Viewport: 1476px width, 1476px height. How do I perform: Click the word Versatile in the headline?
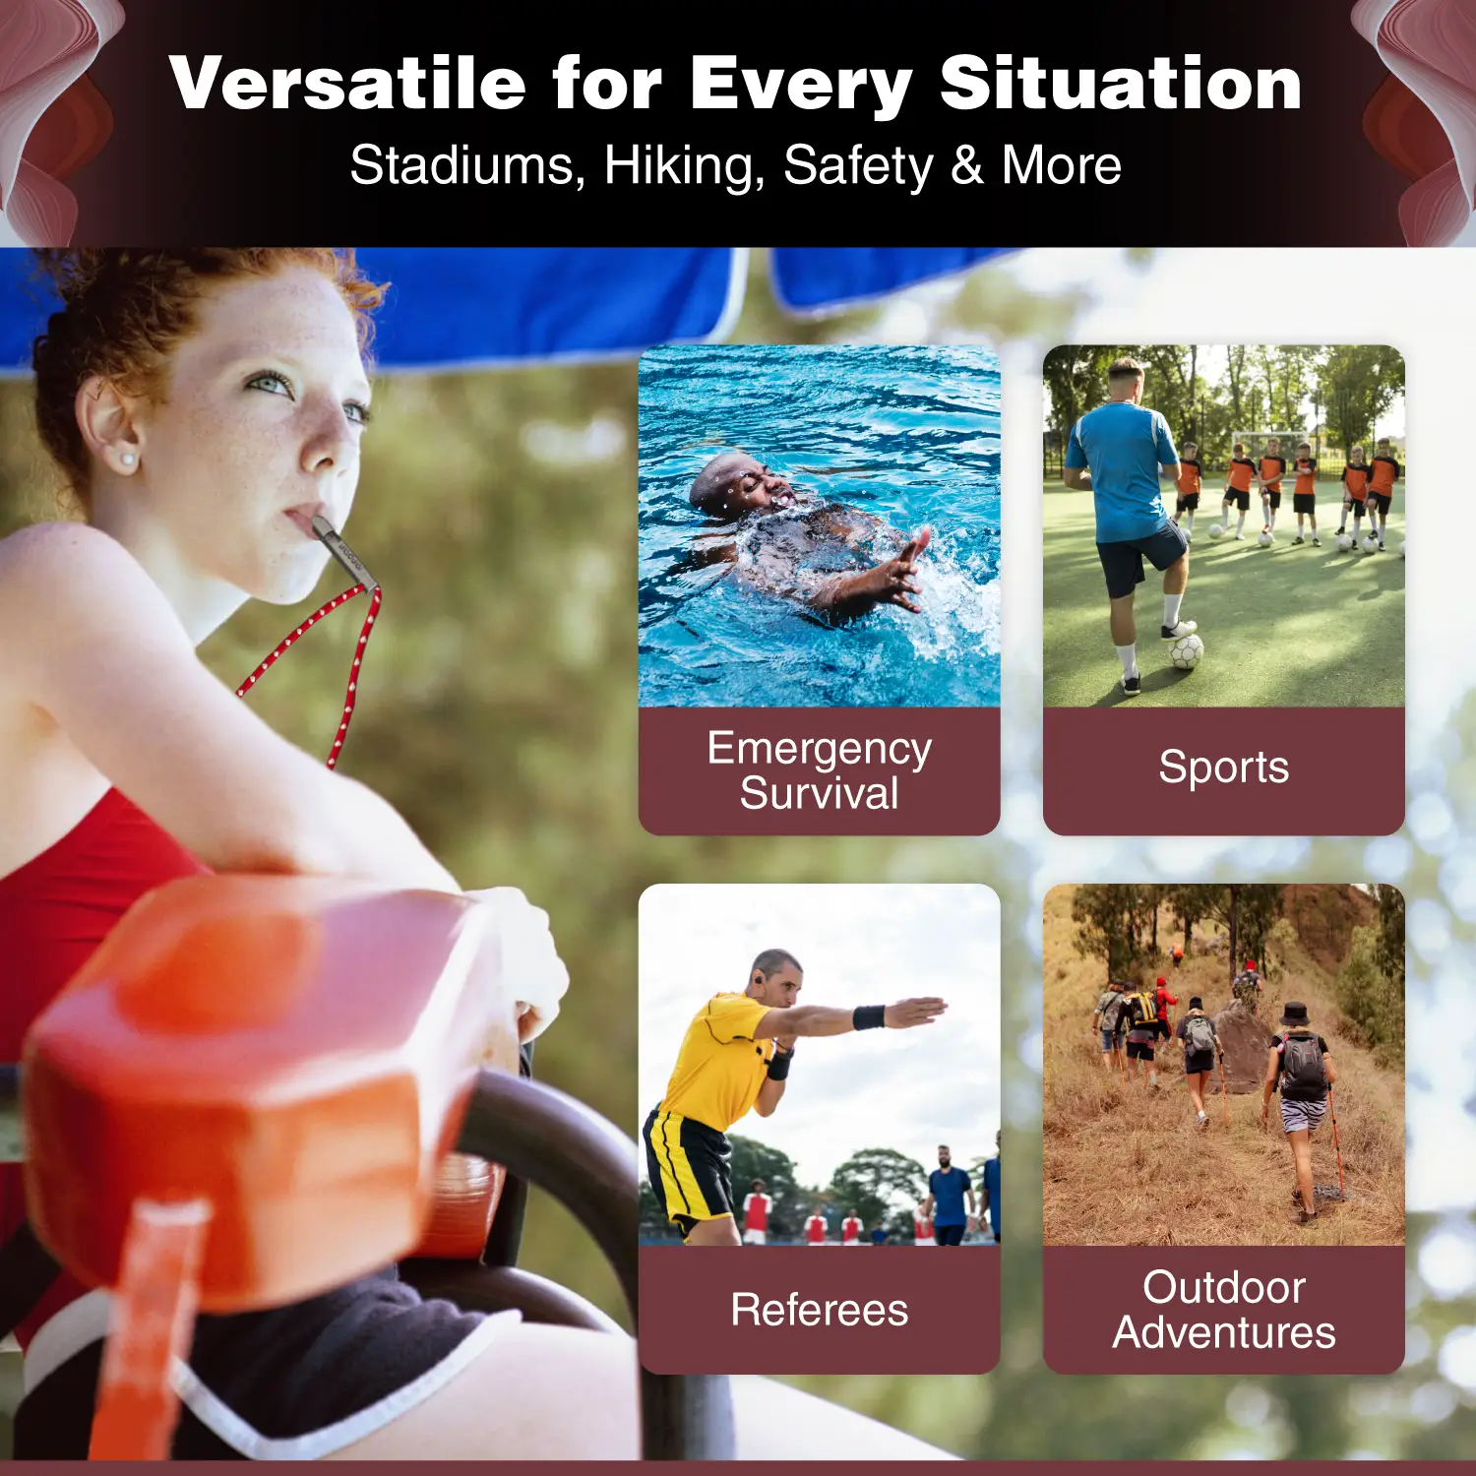tap(347, 83)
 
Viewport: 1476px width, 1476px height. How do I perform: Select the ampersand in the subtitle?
tap(967, 165)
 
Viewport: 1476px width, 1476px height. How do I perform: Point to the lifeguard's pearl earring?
tap(127, 460)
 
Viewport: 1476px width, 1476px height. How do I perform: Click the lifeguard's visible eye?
tap(269, 384)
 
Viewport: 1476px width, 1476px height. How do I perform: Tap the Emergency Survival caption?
tap(820, 770)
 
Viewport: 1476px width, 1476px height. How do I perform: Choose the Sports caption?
tap(1223, 768)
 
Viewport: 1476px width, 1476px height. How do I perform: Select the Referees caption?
tap(820, 1310)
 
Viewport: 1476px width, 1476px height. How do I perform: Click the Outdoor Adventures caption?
tap(1224, 1310)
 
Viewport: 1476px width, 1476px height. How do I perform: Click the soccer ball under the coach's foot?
tap(1185, 650)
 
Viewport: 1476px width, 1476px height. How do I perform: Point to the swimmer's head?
tap(740, 482)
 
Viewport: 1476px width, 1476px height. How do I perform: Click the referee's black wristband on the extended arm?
tap(868, 1016)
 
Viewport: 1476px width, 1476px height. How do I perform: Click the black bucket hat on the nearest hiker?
tap(1295, 1014)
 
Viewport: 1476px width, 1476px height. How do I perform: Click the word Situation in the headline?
tap(1121, 83)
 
